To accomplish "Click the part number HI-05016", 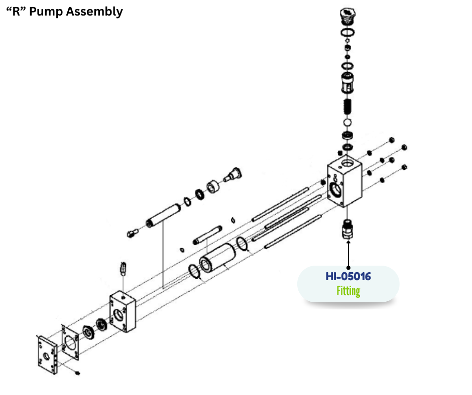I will [348, 276].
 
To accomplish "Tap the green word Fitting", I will [348, 291].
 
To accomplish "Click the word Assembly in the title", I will [95, 12].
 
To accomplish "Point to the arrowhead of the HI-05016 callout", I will [348, 244].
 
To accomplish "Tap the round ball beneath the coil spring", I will [347, 122].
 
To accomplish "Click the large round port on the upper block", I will [335, 188].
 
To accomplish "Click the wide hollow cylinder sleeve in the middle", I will [214, 257].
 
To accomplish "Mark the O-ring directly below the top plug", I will [347, 33].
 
